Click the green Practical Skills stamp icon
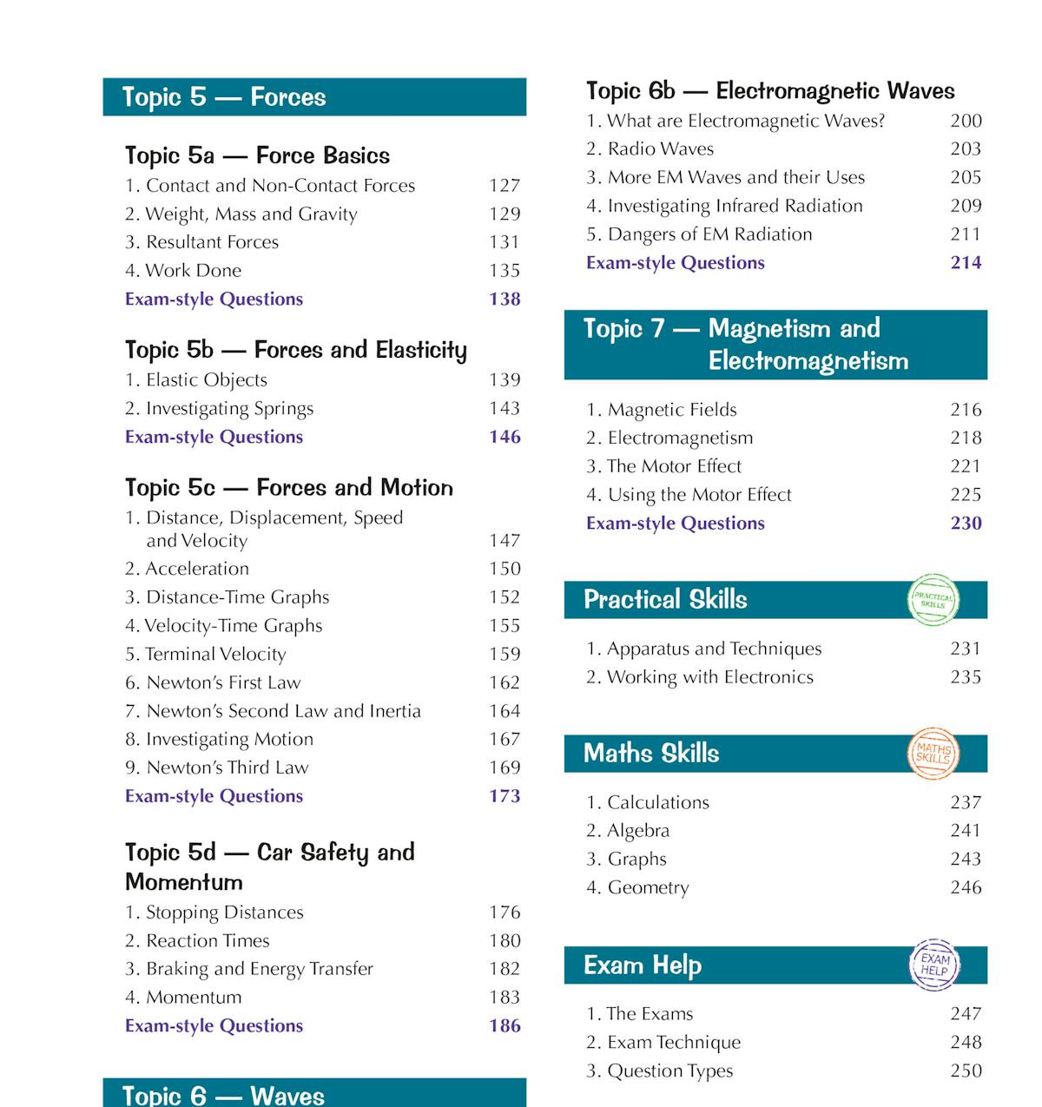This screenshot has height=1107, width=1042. pos(933,599)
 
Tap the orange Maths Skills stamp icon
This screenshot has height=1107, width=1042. pos(933,753)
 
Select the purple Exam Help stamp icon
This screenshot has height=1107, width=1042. pos(934,965)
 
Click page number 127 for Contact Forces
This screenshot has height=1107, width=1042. pos(505,186)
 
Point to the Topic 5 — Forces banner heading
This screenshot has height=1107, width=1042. pos(224,97)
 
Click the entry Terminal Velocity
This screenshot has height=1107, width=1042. pos(215,654)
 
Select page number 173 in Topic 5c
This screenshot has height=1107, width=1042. pos(505,796)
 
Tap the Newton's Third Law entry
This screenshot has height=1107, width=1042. pos(228,768)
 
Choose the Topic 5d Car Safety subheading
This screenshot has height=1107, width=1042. pos(269,866)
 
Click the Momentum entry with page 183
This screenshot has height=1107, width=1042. pos(194,997)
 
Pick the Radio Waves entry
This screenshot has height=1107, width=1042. pos(660,148)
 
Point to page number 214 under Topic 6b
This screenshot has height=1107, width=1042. pos(966,262)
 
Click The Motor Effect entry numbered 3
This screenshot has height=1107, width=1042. pos(674,466)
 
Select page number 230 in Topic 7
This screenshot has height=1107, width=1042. pos(966,523)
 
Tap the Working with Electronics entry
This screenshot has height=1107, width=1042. pos(709,677)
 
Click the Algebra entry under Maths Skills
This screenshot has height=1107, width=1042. pos(638,831)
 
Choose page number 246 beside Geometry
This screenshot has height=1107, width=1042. pos(966,887)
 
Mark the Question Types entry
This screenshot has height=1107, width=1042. pos(669,1071)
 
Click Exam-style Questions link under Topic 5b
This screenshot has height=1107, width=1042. pos(214,437)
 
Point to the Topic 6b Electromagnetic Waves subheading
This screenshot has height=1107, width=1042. pos(770,91)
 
